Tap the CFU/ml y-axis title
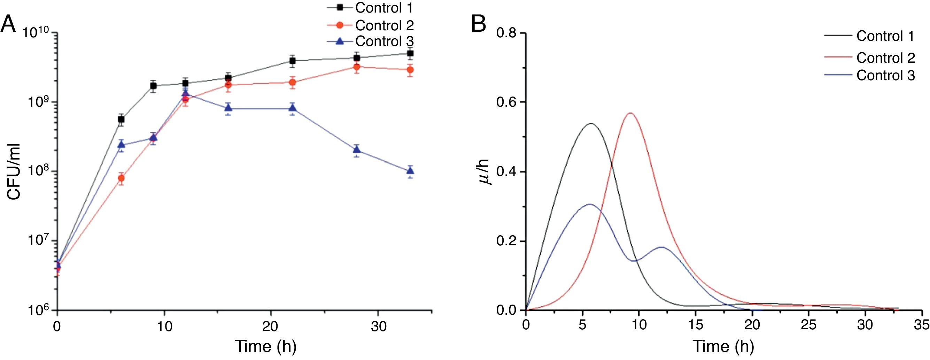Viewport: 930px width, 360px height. tap(14, 172)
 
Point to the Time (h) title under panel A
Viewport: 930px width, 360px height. tap(266, 346)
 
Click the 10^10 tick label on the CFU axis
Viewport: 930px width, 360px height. tap(37, 33)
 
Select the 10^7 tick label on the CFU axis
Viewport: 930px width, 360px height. tap(37, 241)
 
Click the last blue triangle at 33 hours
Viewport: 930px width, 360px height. tap(410, 170)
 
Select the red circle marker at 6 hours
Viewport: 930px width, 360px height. tap(121, 178)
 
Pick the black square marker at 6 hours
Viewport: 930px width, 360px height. tap(121, 119)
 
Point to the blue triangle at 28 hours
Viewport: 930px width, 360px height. tap(357, 150)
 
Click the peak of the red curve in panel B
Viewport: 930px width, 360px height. tap(630, 113)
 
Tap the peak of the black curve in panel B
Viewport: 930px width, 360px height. tap(591, 123)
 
